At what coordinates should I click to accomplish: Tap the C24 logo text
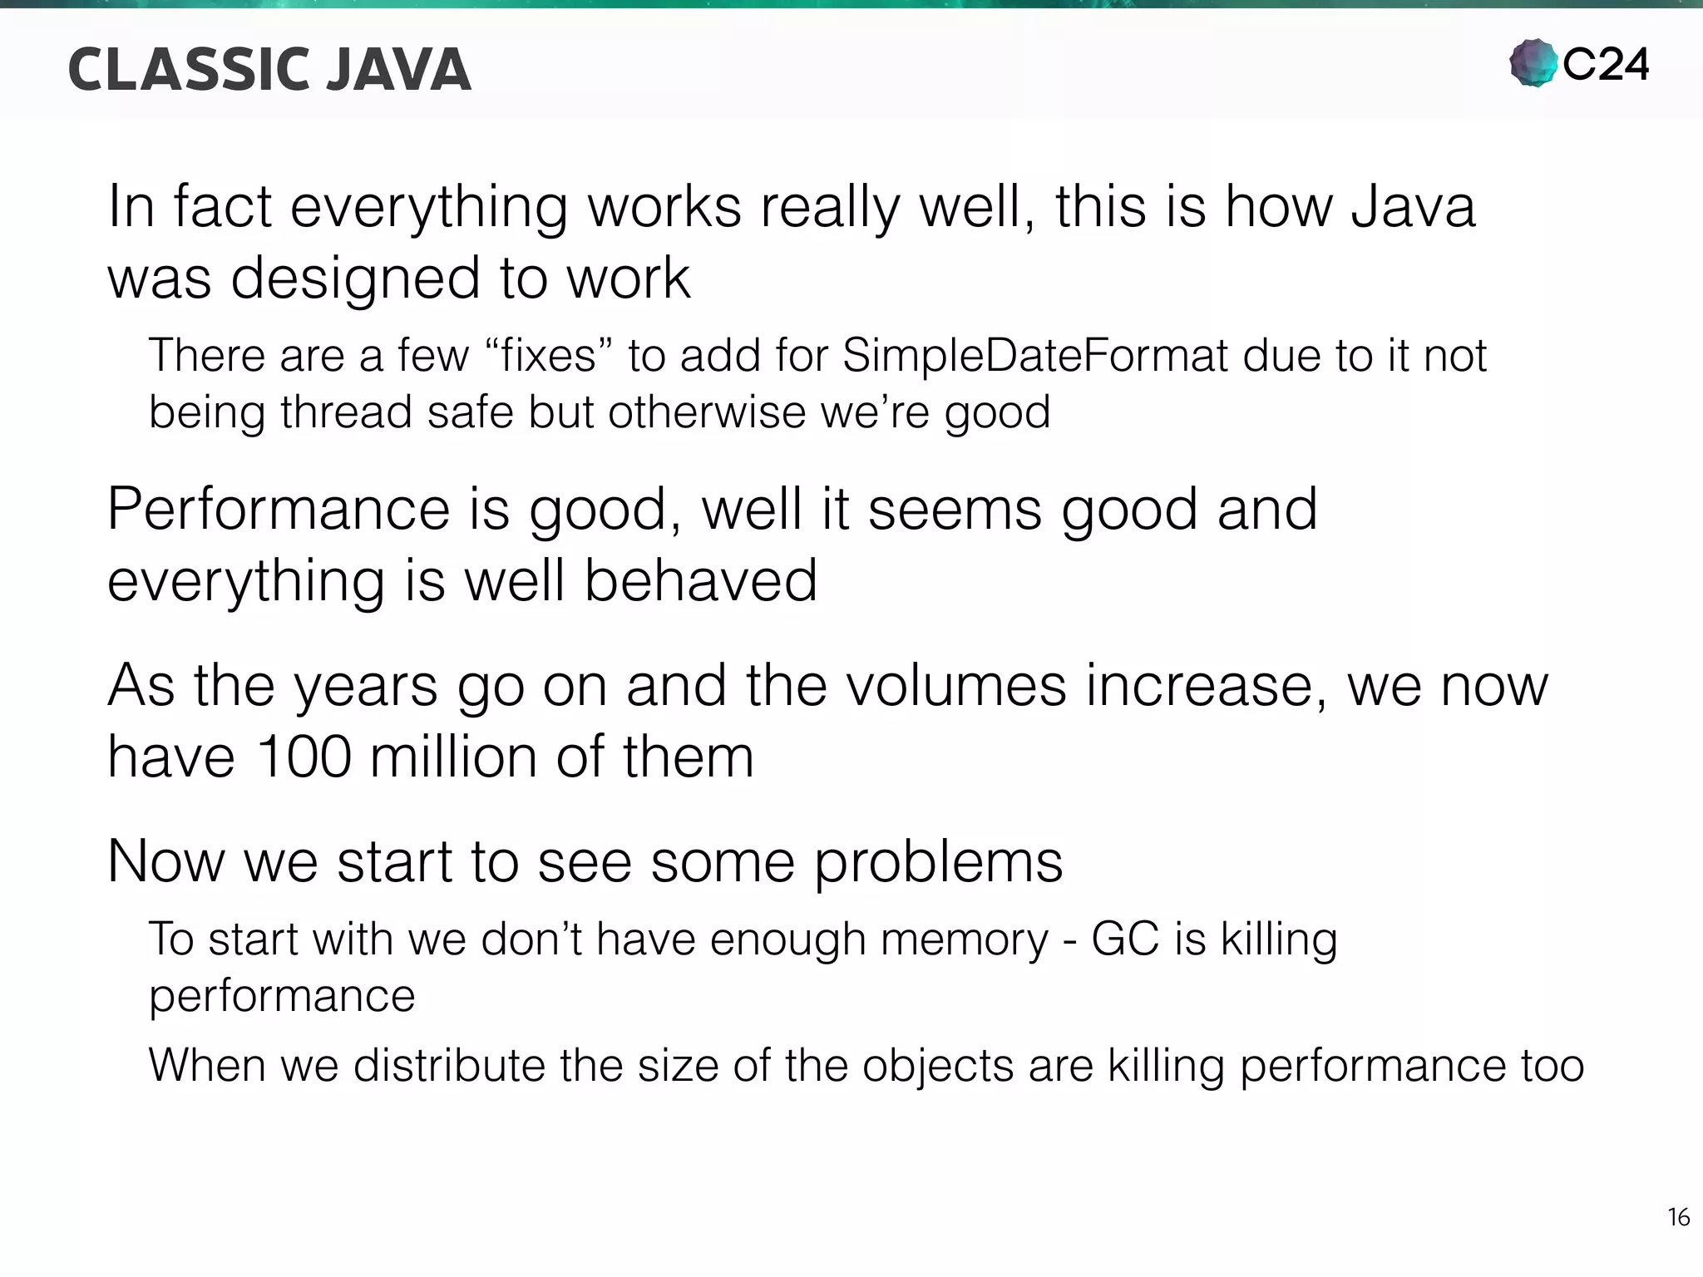[x=1605, y=65]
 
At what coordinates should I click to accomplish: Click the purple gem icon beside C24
[x=1533, y=63]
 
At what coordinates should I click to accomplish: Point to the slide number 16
[x=1678, y=1217]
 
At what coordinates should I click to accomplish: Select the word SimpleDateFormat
[x=1035, y=356]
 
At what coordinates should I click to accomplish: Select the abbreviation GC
[x=1124, y=939]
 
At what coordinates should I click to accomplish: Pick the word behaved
[x=700, y=579]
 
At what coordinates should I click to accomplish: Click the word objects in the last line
[x=938, y=1066]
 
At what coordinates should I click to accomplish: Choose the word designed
[x=356, y=278]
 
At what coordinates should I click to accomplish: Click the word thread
[x=346, y=412]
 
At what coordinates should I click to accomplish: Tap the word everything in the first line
[x=428, y=207]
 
